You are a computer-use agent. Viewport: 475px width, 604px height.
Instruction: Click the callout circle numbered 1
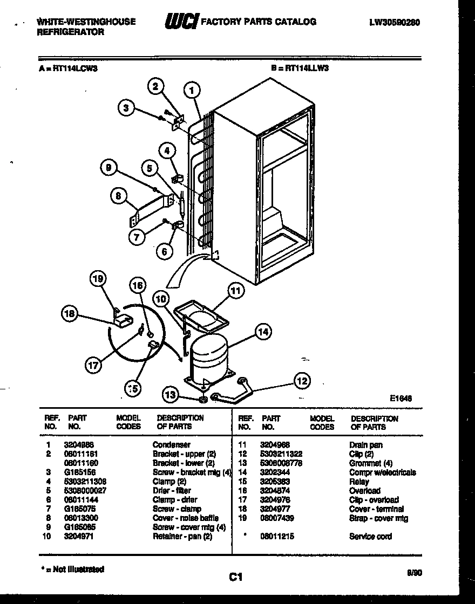[x=192, y=90]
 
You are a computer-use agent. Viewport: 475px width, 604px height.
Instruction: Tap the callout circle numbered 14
[x=263, y=332]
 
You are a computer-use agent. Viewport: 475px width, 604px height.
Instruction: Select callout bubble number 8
[x=118, y=196]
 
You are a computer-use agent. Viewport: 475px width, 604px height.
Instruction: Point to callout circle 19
[x=98, y=278]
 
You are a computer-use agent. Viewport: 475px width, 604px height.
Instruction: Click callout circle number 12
[x=302, y=381]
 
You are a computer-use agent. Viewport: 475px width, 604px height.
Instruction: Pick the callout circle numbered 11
[x=235, y=291]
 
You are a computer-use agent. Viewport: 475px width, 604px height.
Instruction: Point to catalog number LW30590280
[x=395, y=23]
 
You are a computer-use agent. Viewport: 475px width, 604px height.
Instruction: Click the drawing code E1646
[x=401, y=399]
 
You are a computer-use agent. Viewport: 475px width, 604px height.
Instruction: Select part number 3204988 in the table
[x=79, y=445]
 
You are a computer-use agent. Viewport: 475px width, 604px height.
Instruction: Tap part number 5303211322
[x=281, y=454]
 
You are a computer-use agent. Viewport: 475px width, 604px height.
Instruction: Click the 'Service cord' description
[x=370, y=537]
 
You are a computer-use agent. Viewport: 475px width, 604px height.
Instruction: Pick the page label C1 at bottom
[x=234, y=577]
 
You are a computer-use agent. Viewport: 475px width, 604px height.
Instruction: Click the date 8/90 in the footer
[x=414, y=574]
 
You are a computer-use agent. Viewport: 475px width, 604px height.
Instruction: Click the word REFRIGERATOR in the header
[x=70, y=32]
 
